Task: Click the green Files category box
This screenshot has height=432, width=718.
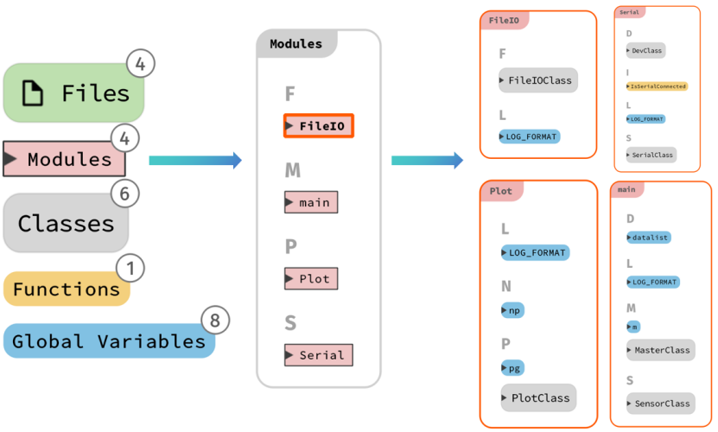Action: point(73,92)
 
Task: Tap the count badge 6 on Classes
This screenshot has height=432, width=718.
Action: point(124,194)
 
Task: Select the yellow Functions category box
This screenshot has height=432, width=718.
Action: point(67,289)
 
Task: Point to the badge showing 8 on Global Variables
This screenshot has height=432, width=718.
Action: point(216,321)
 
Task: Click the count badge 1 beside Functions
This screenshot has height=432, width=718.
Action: point(130,268)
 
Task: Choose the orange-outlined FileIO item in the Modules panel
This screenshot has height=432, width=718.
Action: point(319,126)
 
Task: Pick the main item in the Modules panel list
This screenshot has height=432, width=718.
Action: point(311,202)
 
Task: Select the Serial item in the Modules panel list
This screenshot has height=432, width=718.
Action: point(318,354)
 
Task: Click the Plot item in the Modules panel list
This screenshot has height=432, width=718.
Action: point(311,279)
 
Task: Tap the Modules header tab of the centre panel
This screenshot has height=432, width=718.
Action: point(295,44)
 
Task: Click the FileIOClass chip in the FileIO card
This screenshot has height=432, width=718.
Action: point(537,80)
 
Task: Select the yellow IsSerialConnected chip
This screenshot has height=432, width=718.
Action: point(657,86)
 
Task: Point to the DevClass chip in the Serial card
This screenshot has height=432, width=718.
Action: point(645,51)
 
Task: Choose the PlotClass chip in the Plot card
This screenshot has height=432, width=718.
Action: point(537,398)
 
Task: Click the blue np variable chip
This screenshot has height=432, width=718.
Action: point(512,309)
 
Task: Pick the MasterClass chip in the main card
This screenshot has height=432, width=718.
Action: point(660,350)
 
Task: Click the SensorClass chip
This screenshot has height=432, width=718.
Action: point(660,403)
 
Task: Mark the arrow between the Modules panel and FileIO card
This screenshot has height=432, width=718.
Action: point(427,160)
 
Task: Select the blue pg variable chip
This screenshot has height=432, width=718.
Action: point(512,368)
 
